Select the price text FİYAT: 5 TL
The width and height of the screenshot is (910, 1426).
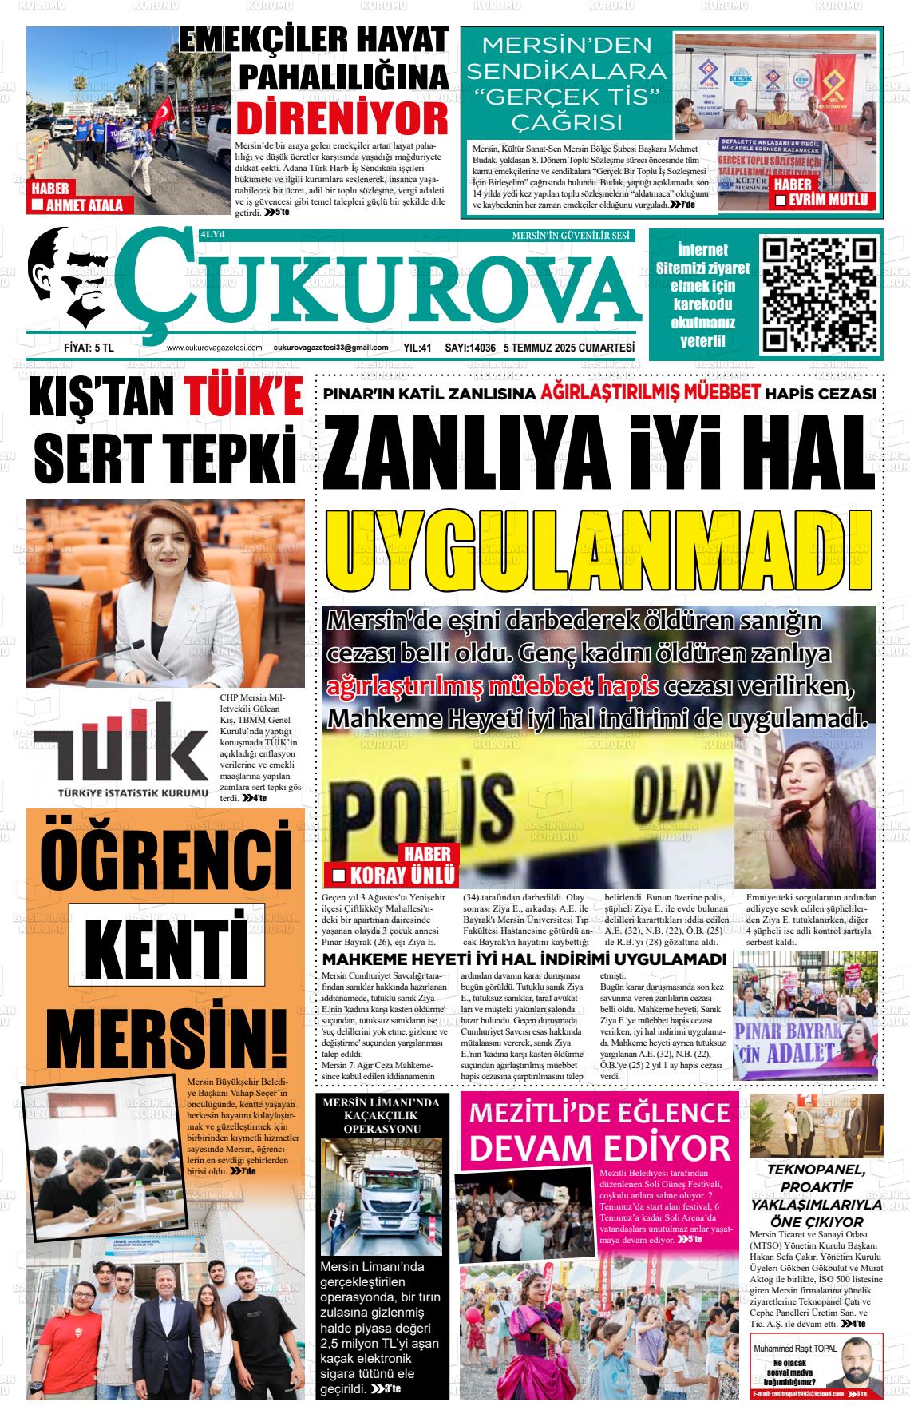pos(89,348)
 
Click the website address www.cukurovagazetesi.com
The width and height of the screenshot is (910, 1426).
pos(214,348)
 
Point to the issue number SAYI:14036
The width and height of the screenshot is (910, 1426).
pos(470,348)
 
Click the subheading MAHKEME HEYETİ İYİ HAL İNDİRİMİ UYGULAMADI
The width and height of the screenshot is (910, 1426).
pos(524,959)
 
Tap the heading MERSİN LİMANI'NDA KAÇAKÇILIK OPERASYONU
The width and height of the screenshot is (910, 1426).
pos(381,1116)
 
